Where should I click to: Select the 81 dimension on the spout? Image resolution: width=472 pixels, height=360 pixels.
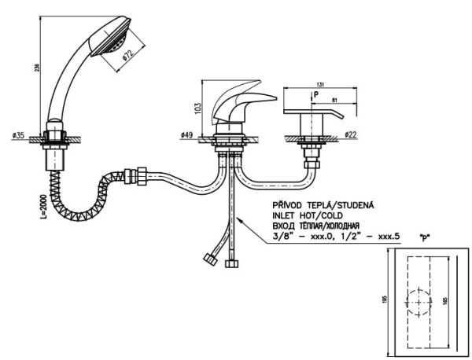click(x=337, y=100)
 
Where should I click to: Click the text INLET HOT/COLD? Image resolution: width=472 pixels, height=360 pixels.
click(x=305, y=215)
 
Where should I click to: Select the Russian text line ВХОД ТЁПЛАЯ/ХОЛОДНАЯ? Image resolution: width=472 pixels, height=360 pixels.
click(x=312, y=225)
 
